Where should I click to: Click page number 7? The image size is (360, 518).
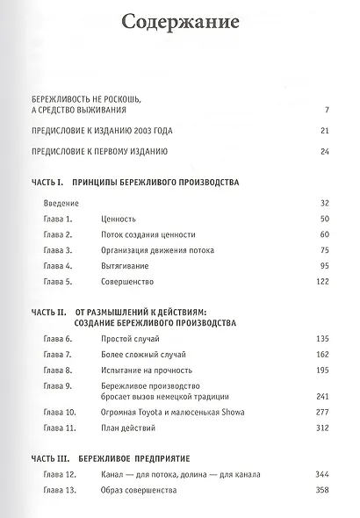click(325, 110)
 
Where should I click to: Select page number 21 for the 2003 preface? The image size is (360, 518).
click(322, 131)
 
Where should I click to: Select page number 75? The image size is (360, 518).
click(322, 250)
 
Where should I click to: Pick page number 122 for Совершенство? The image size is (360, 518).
click(320, 282)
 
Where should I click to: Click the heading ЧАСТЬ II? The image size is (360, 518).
click(49, 312)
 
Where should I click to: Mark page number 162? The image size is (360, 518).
click(320, 355)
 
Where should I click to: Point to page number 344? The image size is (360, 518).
click(320, 475)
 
